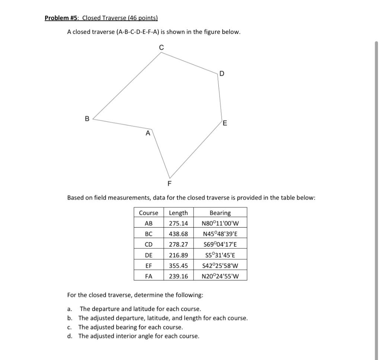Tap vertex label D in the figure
coord(222,74)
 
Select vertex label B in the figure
coord(87,119)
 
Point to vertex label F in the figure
coord(170,183)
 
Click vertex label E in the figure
coord(225,124)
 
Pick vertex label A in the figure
coord(148,133)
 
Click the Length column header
coord(178,213)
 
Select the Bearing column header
coord(220,213)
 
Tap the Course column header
coord(148,213)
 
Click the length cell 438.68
coord(178,234)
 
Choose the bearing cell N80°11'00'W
coord(220,224)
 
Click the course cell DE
coord(148,255)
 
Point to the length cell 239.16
coord(178,276)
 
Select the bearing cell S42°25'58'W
coord(220,266)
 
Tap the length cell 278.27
coord(178,244)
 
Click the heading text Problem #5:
coord(62,18)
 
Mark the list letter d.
coord(69,336)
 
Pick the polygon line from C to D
coord(190,63)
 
